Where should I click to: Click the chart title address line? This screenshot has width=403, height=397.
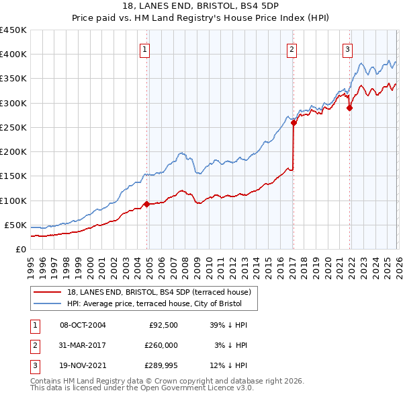pos(201,6)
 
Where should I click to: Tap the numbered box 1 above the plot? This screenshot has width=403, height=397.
pos(145,48)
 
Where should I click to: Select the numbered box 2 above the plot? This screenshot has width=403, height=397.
pos(292,48)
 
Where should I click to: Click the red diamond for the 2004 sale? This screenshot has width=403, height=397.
pos(146,204)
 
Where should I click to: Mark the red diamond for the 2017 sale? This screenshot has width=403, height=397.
pos(294,122)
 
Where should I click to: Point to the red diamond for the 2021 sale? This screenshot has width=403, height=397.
pos(349,108)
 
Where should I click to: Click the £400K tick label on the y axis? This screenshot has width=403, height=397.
pos(13,55)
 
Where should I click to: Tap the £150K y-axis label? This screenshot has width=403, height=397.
pos(13,176)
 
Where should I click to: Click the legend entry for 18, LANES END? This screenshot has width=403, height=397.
pos(159,291)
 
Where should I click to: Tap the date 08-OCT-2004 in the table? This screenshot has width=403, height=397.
pos(83,325)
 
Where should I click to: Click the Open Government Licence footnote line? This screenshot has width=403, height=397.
pos(142,388)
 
